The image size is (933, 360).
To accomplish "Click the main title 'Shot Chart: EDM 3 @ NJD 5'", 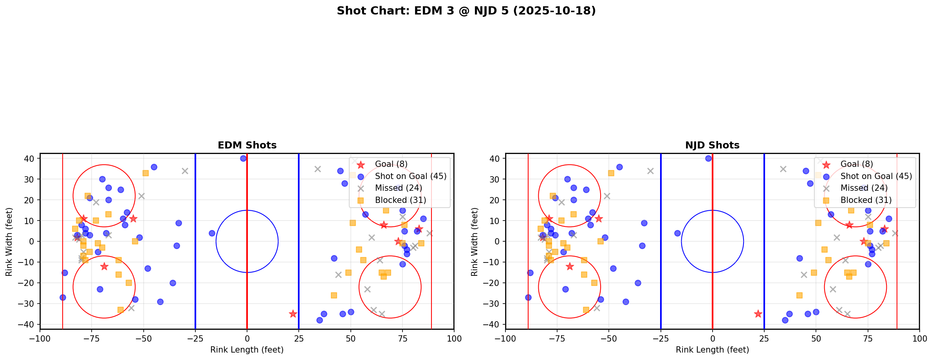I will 466,11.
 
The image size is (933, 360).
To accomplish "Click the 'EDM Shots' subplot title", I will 247,145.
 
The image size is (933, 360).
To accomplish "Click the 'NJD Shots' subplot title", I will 712,145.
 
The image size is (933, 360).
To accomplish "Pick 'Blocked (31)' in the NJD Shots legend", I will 866,200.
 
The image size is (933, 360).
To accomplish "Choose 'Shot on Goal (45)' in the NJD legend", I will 876,176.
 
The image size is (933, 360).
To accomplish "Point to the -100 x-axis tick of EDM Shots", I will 40,338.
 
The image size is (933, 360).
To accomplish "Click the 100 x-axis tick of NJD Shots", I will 919,338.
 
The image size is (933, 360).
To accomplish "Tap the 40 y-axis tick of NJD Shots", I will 497,159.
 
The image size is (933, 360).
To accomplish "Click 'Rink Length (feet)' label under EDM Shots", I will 247,350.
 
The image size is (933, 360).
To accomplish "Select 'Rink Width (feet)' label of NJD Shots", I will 475,241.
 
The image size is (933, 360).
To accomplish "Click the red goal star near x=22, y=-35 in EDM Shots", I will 293,314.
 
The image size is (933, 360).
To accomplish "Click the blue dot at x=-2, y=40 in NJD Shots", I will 708,159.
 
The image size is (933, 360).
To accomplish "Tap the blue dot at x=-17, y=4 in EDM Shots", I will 212,233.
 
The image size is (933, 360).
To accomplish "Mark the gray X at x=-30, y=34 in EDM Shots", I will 185,171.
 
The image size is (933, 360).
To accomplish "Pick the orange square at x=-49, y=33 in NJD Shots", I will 611,173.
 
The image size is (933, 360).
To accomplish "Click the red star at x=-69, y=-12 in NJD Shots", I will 570,266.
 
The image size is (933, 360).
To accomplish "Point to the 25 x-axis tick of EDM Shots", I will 299,338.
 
